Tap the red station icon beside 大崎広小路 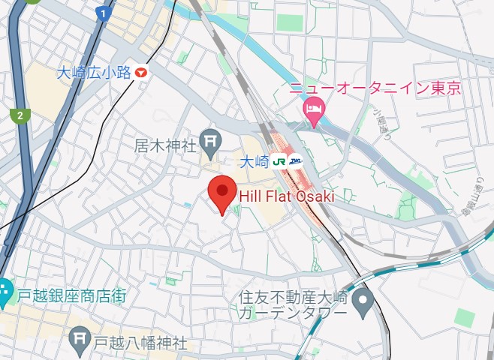click(142, 72)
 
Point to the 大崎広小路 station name click(95, 73)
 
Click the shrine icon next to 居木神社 click(211, 139)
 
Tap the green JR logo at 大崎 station click(279, 160)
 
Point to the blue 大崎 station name click(255, 161)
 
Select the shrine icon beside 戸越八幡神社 click(78, 341)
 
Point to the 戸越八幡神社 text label click(140, 343)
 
